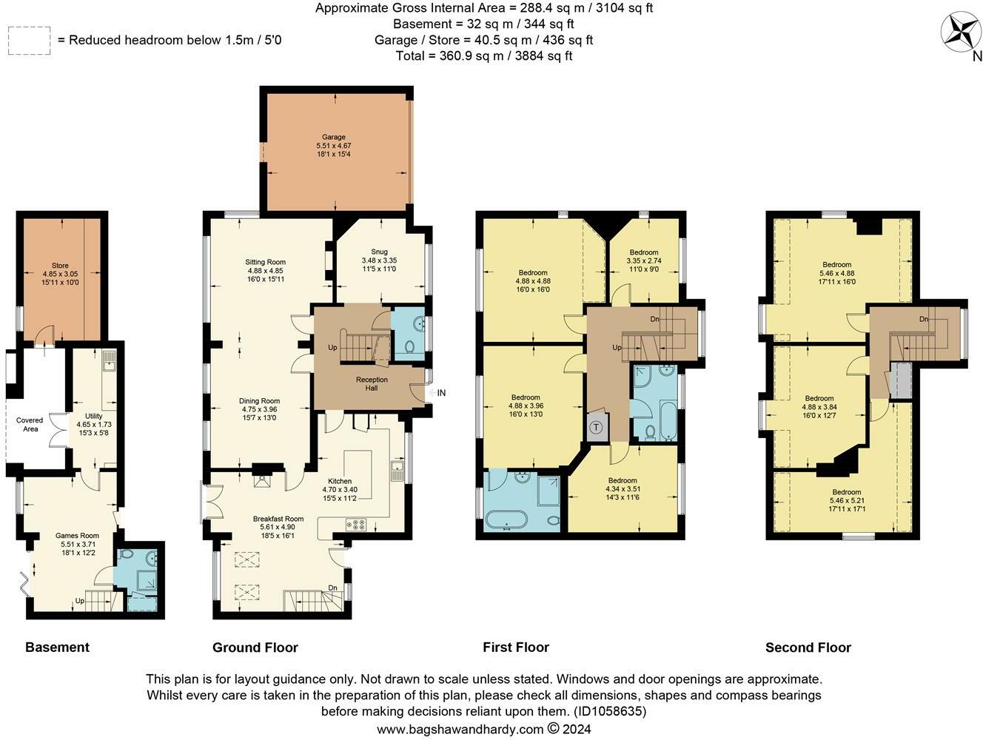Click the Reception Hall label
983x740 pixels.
pos(372,384)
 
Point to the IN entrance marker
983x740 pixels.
pos(441,393)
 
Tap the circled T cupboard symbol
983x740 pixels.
pos(597,428)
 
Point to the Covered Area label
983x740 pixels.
pos(30,424)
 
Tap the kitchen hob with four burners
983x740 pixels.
pos(357,525)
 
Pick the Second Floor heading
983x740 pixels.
pos(808,647)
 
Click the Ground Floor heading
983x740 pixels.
pos(255,647)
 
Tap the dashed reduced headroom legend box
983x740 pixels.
pos(29,39)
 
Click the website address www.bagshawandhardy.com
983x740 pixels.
pos(460,729)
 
